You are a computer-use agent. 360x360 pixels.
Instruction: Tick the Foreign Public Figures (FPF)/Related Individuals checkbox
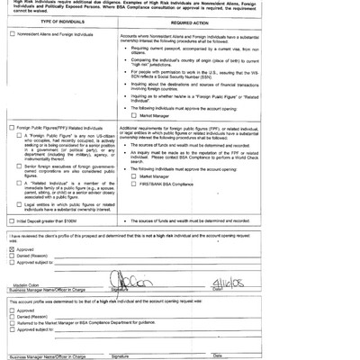pyautogui.click(x=11, y=154)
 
